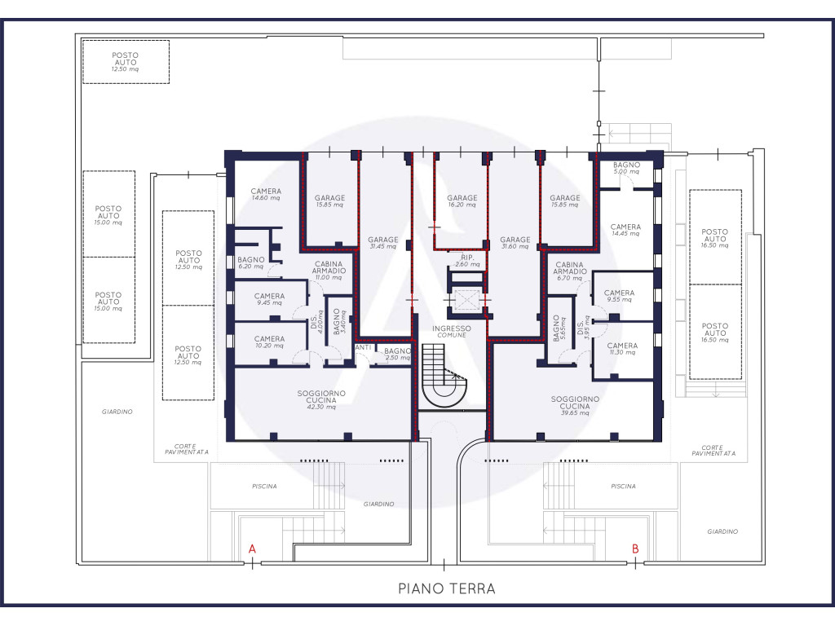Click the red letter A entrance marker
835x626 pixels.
(253, 549)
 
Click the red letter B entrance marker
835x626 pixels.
(635, 549)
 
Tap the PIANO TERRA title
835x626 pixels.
(447, 589)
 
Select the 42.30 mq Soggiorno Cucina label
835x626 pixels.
(321, 399)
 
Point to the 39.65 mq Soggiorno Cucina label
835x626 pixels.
(575, 406)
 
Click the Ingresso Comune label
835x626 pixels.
(452, 332)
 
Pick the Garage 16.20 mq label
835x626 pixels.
(462, 201)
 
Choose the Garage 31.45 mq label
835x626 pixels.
(383, 243)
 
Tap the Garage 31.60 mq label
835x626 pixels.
(515, 243)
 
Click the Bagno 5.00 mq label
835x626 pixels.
(626, 168)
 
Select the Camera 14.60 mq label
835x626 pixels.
(266, 194)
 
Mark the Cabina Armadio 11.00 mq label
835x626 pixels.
(329, 271)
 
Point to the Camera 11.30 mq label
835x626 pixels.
(622, 349)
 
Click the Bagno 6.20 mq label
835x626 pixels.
(251, 263)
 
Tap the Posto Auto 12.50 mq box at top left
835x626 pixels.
(126, 62)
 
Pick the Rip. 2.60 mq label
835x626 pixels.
(467, 261)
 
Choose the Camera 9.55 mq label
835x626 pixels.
(619, 296)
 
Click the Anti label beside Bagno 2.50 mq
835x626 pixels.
(363, 347)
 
